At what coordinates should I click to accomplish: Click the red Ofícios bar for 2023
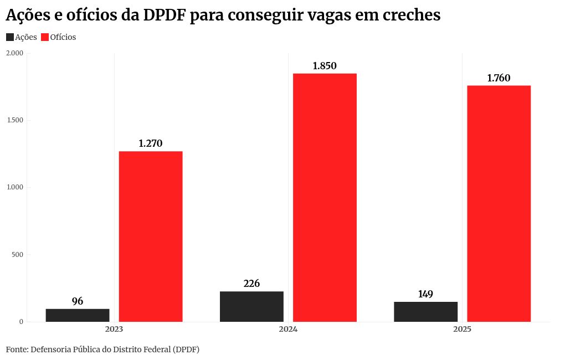151,236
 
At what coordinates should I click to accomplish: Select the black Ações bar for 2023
78,315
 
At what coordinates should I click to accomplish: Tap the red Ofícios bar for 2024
325,197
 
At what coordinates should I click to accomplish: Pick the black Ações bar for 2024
251,306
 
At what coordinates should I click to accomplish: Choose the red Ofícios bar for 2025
499,203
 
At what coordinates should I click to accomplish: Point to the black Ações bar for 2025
425,312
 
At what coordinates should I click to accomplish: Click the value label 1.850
325,66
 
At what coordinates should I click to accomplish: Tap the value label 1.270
151,143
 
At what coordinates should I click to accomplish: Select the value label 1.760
499,78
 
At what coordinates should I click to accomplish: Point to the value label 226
251,284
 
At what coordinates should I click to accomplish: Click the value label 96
78,301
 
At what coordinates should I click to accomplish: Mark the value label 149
425,294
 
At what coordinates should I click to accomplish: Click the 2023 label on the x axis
114,330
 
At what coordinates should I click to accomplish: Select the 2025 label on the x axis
462,330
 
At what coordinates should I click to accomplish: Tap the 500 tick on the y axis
18,255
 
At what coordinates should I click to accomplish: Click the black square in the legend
10,37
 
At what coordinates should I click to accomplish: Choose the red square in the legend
45,37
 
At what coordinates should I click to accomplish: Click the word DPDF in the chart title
164,16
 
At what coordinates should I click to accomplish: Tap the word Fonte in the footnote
17,349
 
